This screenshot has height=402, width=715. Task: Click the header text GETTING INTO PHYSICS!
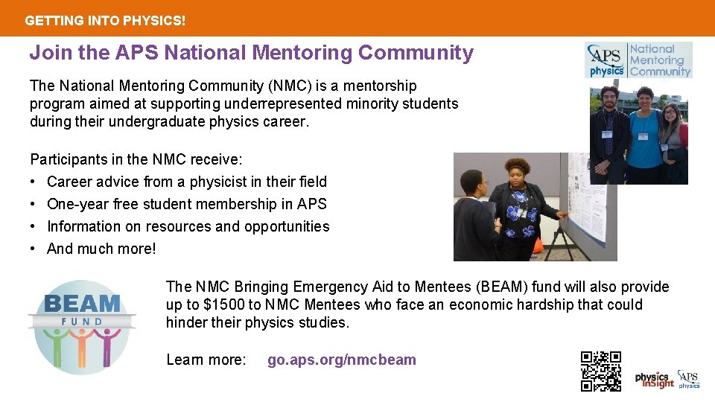click(x=105, y=21)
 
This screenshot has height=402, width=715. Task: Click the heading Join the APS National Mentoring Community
click(x=251, y=53)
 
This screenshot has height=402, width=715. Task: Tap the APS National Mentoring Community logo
click(x=638, y=60)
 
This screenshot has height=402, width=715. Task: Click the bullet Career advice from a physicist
click(x=186, y=182)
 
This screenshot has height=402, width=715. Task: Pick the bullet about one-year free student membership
click(x=186, y=204)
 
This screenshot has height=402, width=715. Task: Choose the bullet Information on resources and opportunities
click(x=188, y=226)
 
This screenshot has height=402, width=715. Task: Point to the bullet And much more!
click(x=101, y=249)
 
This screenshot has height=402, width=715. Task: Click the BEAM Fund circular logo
click(x=82, y=325)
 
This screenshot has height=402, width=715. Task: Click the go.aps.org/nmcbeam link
click(x=342, y=360)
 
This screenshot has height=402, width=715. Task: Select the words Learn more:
click(x=206, y=360)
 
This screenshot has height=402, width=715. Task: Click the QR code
click(x=600, y=371)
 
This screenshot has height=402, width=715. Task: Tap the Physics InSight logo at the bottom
click(x=654, y=380)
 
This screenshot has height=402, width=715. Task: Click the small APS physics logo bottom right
click(x=689, y=380)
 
